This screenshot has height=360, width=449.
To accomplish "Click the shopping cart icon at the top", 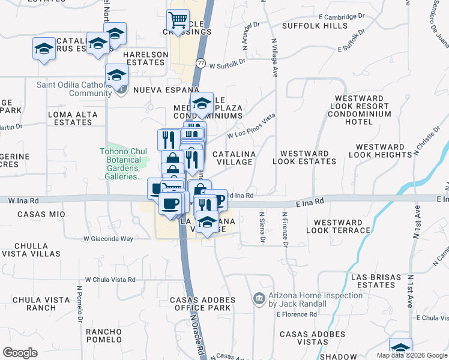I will pos(178,21).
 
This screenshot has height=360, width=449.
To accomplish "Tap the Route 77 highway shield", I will pos(200,62).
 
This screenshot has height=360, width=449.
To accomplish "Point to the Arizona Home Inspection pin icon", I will pos(259,298).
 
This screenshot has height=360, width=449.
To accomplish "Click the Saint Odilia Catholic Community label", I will pos(74,89).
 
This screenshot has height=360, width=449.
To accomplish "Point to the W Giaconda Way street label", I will pos(108,239).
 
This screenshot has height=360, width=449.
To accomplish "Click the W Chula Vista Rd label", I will pos(110,280).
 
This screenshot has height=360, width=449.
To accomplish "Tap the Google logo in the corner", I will pos(20,353).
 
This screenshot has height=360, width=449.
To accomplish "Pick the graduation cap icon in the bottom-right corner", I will pos(400,349).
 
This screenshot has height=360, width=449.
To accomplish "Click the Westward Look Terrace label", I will pos(338,226).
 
